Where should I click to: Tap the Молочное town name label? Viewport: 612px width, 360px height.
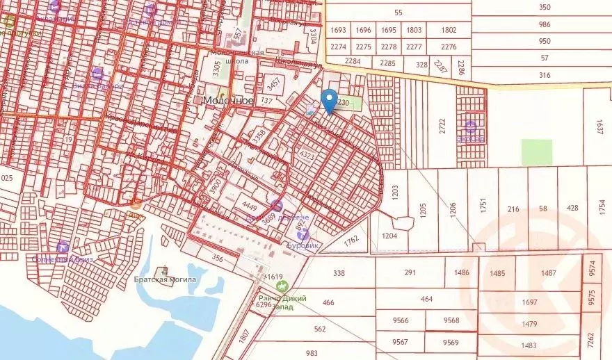point(227,100)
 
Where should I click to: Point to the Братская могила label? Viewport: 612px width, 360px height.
point(166,280)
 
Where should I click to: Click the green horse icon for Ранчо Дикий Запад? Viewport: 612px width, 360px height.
point(282,286)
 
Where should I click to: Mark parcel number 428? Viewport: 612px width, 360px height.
point(572,208)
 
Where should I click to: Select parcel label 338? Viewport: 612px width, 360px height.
point(339,273)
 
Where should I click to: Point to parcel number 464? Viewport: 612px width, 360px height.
point(426,299)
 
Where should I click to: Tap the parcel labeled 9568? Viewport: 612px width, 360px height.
point(451,320)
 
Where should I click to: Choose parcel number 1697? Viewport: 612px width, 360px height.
point(530,302)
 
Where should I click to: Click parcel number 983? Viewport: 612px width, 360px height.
point(312,352)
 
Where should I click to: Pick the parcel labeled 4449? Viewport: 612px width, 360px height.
point(248,205)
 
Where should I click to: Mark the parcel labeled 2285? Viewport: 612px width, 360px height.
point(387,63)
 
